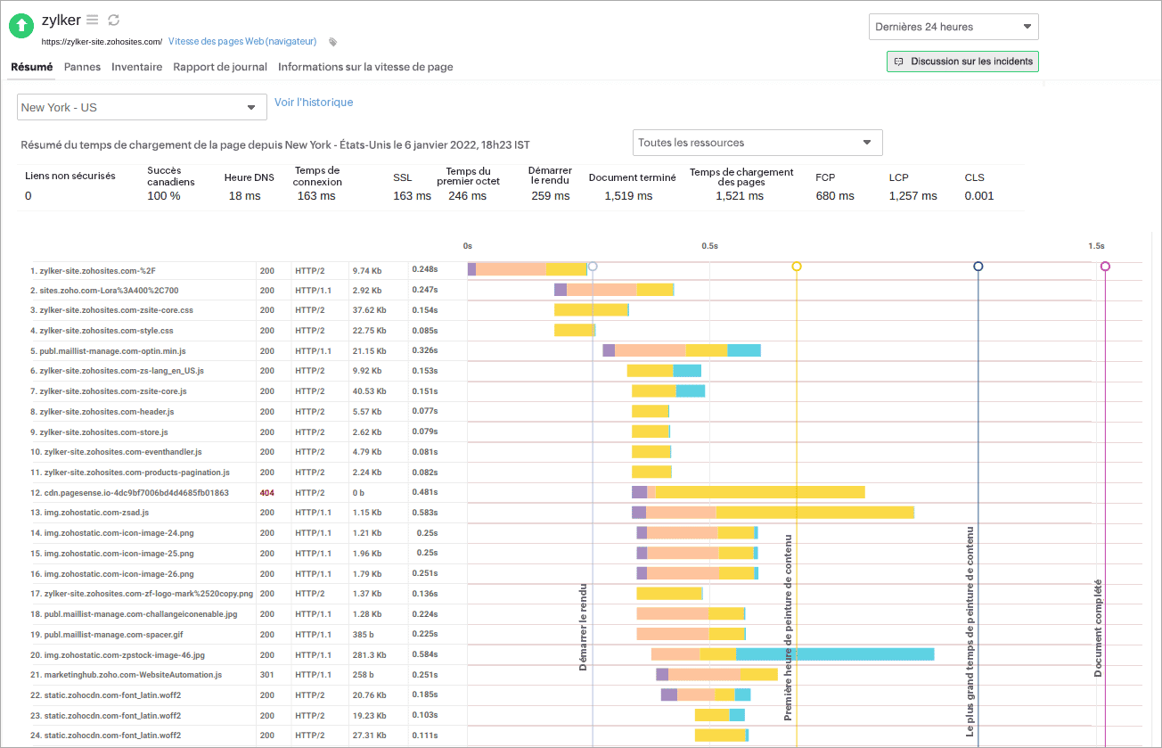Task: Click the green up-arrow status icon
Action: click(x=21, y=26)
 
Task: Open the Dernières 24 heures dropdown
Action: click(x=953, y=27)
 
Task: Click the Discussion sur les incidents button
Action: click(x=962, y=62)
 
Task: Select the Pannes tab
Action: click(x=82, y=67)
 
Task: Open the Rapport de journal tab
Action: click(x=220, y=67)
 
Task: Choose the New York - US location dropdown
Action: click(x=142, y=108)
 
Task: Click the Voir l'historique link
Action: click(x=314, y=103)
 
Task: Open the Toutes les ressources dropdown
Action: click(x=757, y=143)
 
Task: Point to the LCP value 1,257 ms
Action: click(x=913, y=196)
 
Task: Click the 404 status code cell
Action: click(x=266, y=493)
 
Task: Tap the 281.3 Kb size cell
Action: click(x=367, y=654)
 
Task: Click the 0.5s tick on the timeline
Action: click(x=709, y=246)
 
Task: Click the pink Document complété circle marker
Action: click(x=1105, y=267)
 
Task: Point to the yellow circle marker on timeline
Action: click(x=797, y=267)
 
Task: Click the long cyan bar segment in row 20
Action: click(x=834, y=654)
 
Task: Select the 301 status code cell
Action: click(x=266, y=675)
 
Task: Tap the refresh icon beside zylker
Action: click(x=113, y=20)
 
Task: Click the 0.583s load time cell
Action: click(x=423, y=513)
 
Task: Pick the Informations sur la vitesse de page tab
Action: click(x=365, y=67)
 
